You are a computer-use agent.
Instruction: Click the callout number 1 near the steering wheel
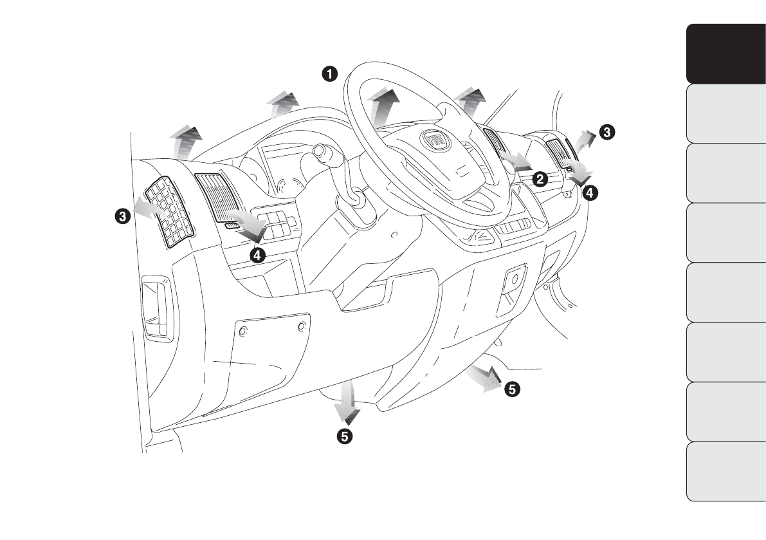[330, 73]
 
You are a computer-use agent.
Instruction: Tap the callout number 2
[541, 179]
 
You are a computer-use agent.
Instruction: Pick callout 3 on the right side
[606, 131]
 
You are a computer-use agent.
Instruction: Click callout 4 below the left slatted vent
[257, 256]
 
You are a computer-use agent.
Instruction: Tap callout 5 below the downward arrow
[345, 436]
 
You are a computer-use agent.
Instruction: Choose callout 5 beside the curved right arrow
[512, 388]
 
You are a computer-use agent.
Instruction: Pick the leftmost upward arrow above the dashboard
[184, 142]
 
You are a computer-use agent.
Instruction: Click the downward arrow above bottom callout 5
[349, 400]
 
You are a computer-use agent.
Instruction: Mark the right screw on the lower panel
[302, 328]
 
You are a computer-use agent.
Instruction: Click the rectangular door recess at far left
[156, 308]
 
